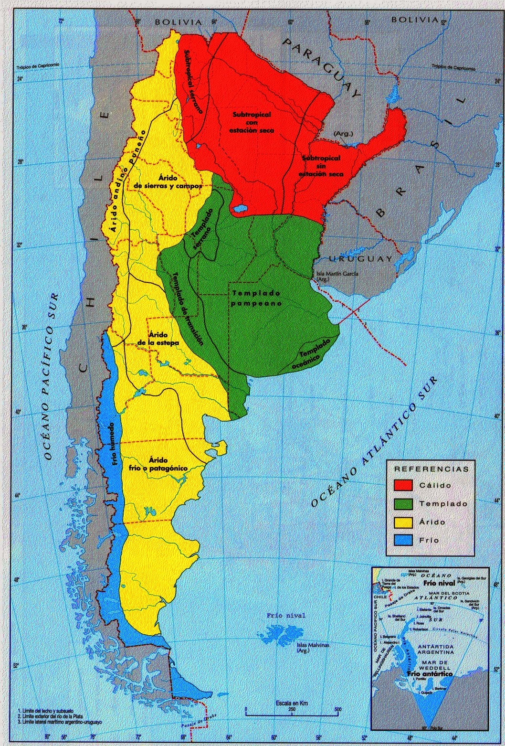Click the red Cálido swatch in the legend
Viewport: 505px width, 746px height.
click(x=403, y=485)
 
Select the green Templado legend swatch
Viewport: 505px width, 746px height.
click(x=403, y=503)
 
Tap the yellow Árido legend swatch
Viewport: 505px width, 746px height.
click(x=403, y=522)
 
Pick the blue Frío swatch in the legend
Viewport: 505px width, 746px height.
click(x=403, y=540)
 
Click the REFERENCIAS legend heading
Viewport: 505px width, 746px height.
click(x=431, y=469)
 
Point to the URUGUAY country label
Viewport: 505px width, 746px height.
click(x=360, y=258)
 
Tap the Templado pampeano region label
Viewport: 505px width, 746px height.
click(x=256, y=298)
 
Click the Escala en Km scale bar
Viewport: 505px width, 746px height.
click(x=292, y=709)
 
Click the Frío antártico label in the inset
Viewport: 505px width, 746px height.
click(x=430, y=673)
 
